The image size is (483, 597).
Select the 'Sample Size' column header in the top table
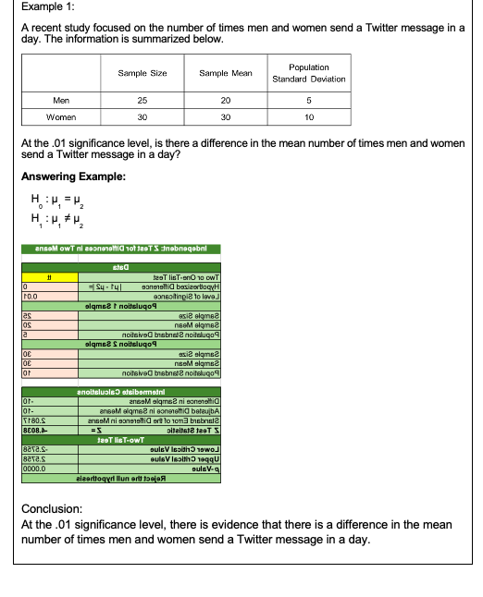[142, 73]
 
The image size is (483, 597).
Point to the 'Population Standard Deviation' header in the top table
[308, 73]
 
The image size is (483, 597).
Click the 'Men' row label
[62, 100]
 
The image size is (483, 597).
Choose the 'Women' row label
[62, 117]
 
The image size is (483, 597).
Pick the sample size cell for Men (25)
[142, 100]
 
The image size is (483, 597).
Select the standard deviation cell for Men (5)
[308, 100]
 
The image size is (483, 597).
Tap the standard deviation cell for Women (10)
[308, 117]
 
